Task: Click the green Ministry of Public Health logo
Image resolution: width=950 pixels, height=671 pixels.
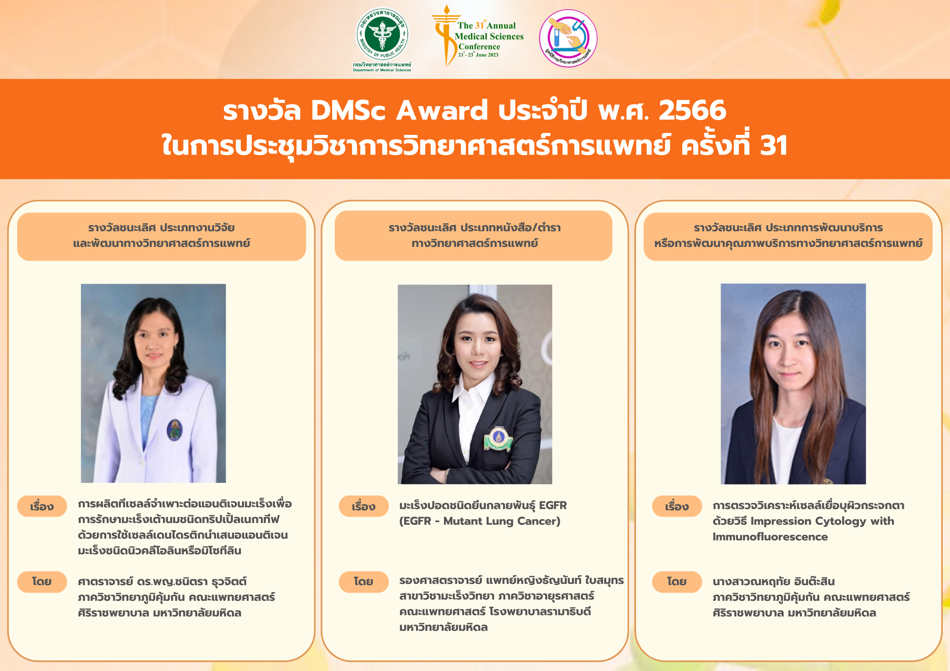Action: (x=382, y=35)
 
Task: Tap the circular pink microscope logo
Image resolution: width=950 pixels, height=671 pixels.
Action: (x=568, y=38)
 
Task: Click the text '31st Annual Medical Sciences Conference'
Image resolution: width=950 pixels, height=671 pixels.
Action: (x=489, y=36)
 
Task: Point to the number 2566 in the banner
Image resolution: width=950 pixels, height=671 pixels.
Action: (x=692, y=110)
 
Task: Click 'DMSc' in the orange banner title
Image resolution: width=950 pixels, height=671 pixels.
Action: (x=348, y=110)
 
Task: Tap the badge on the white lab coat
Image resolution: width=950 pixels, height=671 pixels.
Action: (x=174, y=430)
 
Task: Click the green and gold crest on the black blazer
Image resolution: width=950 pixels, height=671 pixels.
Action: (x=498, y=438)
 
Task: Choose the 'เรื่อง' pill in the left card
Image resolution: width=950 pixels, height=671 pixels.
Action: (x=42, y=506)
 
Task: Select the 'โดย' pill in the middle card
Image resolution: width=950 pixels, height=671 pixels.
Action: (x=363, y=582)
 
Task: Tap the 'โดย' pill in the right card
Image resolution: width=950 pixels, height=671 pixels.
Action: (x=677, y=582)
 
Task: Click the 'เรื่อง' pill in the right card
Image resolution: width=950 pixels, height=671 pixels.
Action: (x=677, y=506)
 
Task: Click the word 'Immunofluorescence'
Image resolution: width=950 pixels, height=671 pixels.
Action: (x=770, y=537)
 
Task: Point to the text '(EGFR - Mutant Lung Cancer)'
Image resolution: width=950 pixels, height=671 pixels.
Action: (x=479, y=521)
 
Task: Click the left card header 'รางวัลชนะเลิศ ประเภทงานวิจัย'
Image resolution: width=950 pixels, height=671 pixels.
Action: (x=161, y=228)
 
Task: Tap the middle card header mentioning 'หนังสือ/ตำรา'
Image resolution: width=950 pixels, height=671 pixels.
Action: (x=474, y=228)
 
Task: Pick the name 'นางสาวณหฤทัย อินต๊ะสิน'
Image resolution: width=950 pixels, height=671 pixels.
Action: (x=774, y=582)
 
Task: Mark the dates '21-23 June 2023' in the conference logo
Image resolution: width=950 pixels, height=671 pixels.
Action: (x=478, y=55)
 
